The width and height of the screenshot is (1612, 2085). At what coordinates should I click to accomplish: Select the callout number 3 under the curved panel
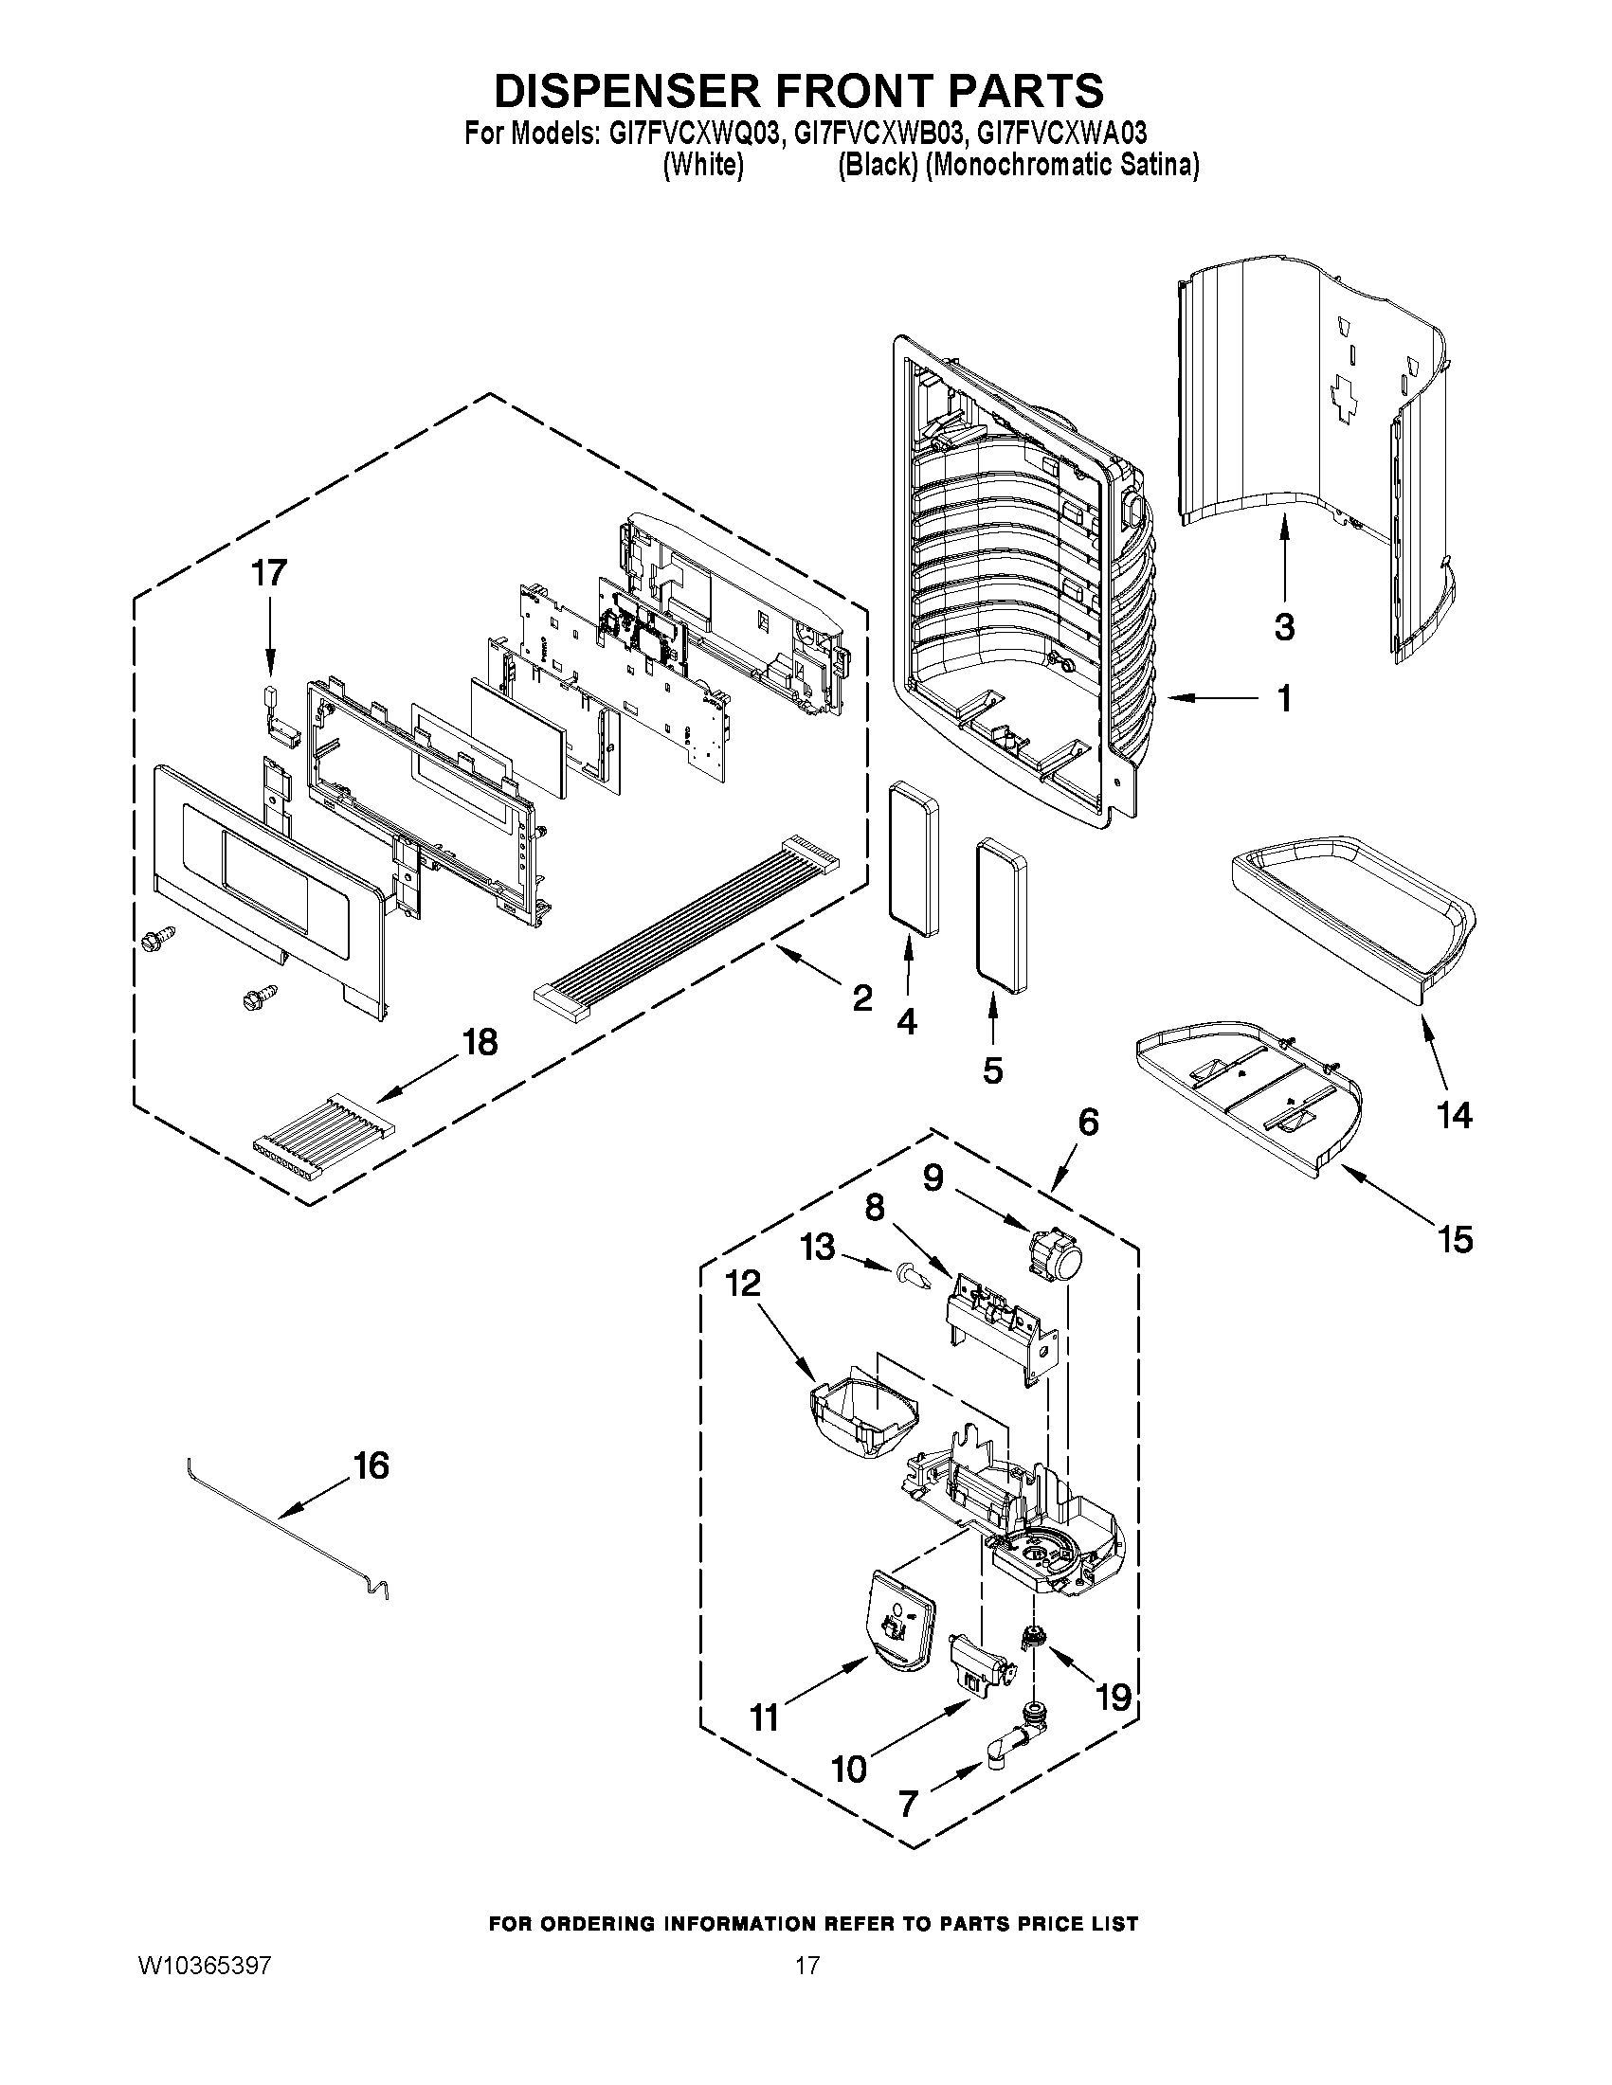point(1284,627)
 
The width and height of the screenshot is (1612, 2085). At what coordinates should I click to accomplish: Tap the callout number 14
point(1456,1115)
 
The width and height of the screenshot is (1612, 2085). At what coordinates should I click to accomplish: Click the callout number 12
point(744,1284)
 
